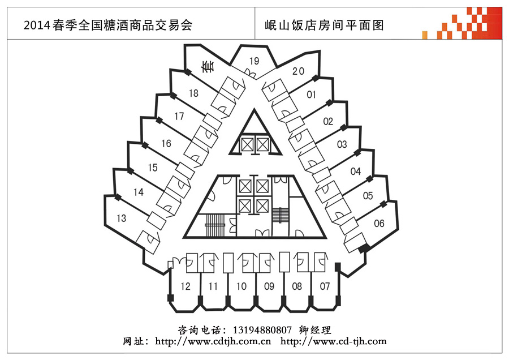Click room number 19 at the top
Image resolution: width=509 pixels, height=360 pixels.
click(254, 61)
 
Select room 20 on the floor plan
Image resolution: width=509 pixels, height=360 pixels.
click(298, 71)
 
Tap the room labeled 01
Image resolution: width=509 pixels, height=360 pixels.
click(311, 95)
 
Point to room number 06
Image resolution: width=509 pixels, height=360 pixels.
click(379, 224)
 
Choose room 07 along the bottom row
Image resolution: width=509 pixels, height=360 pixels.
click(325, 286)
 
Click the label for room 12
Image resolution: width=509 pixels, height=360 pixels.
click(186, 286)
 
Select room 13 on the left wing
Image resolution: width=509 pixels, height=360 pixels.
click(122, 218)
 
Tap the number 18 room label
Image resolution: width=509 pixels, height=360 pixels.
click(193, 93)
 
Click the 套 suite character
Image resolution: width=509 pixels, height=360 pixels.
click(208, 66)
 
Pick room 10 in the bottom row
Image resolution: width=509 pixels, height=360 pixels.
click(241, 286)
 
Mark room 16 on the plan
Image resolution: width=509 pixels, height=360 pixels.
click(166, 143)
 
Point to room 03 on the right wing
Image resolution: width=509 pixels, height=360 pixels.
click(342, 144)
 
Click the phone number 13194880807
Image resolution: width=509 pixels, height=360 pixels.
click(262, 331)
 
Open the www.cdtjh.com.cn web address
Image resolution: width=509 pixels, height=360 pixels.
click(213, 341)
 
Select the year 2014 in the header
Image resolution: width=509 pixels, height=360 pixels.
click(37, 25)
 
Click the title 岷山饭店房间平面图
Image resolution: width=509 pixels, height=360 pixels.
click(324, 25)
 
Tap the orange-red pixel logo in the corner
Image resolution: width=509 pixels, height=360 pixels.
click(462, 23)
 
